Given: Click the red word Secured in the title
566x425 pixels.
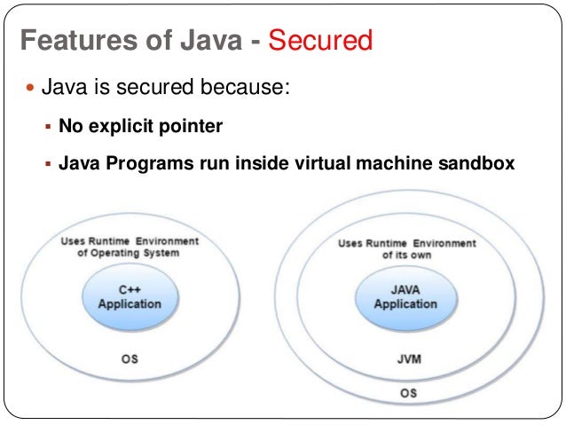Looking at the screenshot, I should tap(319, 41).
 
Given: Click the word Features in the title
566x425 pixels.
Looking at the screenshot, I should tap(66, 41).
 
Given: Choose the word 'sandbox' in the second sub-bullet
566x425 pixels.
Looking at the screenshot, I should tap(483, 165).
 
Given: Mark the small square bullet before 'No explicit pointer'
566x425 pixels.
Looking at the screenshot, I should tap(49, 127).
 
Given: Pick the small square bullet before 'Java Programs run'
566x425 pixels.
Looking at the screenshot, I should tap(49, 165).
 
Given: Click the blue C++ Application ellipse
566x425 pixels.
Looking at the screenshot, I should tap(130, 295).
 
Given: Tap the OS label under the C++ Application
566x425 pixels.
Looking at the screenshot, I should tap(130, 360).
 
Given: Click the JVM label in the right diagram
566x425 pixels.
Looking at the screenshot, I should tap(408, 361).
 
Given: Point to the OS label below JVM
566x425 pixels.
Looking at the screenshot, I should tap(408, 392).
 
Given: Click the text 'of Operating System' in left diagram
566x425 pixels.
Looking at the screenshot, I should tap(130, 253).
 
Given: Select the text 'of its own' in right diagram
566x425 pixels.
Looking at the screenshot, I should tap(408, 255).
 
